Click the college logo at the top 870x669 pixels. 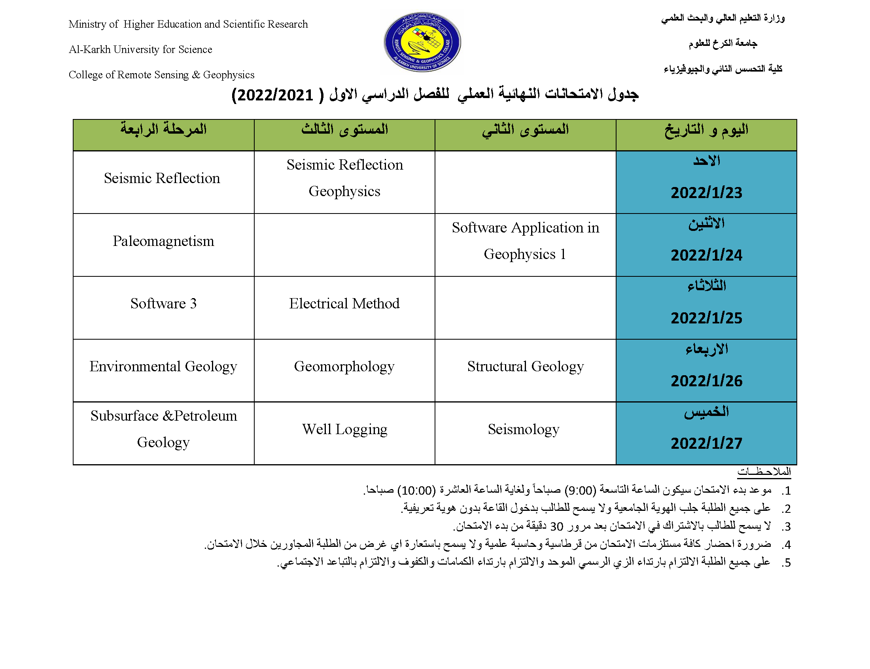click(x=422, y=42)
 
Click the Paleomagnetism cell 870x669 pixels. click(x=163, y=241)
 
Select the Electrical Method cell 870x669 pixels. click(x=344, y=304)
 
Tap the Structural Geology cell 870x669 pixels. click(x=525, y=367)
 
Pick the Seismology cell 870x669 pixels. click(x=523, y=429)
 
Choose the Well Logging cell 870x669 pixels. click(x=344, y=429)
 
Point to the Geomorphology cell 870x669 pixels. click(x=344, y=367)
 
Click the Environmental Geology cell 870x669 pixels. click(x=163, y=367)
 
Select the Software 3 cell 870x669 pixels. click(x=163, y=304)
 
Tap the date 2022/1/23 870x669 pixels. click(x=706, y=193)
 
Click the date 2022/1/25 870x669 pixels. click(x=706, y=318)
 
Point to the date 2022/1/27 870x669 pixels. click(x=706, y=444)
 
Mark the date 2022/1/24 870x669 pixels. click(x=706, y=255)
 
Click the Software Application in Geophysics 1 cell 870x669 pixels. click(x=525, y=241)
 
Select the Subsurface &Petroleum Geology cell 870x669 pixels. click(x=163, y=429)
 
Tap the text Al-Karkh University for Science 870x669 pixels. click(x=140, y=49)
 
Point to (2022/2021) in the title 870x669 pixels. click(x=273, y=95)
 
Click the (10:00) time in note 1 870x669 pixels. click(x=416, y=490)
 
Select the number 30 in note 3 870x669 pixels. click(x=556, y=527)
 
